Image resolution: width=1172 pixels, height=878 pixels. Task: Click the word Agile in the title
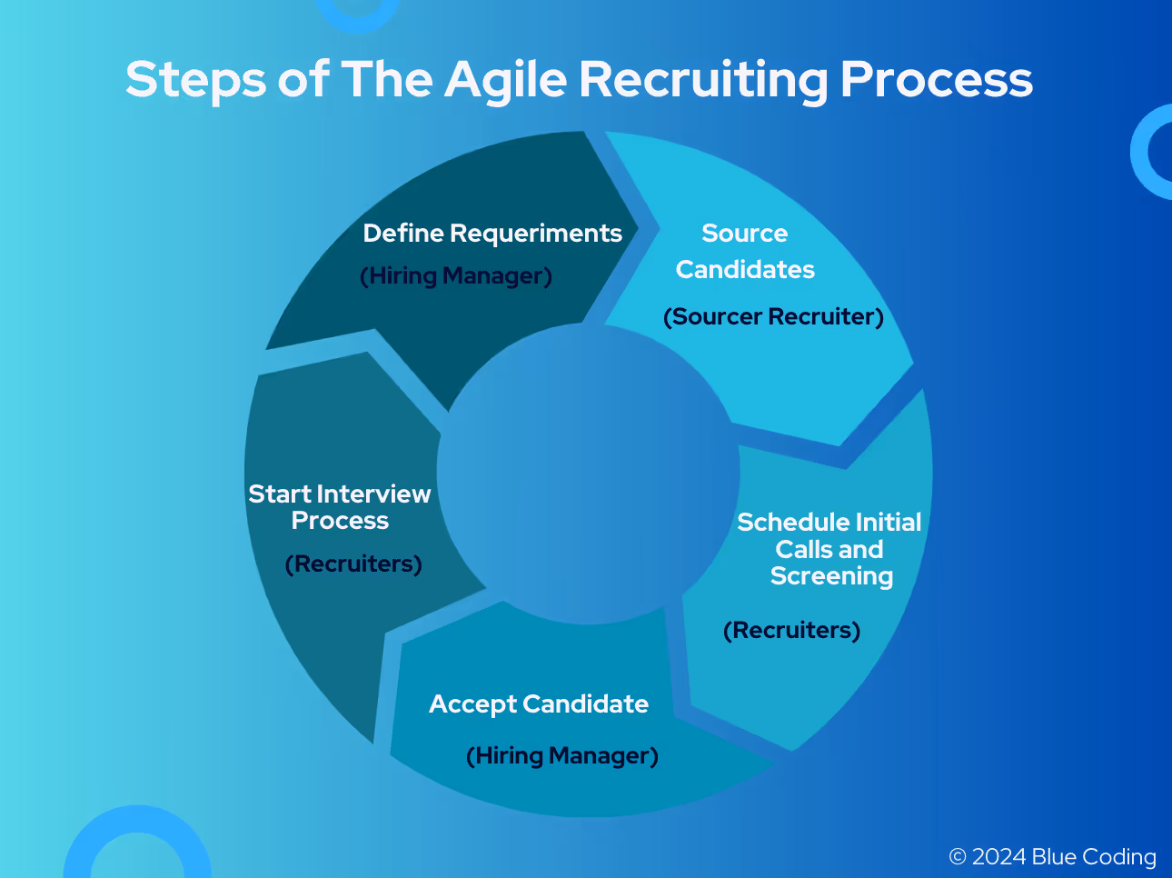(x=507, y=79)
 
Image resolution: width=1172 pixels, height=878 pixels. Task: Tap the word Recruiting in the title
(x=703, y=79)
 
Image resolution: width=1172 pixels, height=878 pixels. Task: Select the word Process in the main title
(x=936, y=79)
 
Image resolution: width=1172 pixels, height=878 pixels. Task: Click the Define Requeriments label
(x=492, y=234)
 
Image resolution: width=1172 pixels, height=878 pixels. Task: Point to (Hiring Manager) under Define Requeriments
(x=456, y=275)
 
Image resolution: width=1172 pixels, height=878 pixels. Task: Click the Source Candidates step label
(x=745, y=252)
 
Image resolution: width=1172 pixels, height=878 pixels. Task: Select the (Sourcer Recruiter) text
(x=773, y=316)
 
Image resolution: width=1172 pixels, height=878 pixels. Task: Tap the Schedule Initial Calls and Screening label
(x=829, y=549)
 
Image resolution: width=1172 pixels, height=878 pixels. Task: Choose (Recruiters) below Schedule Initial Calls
(x=791, y=630)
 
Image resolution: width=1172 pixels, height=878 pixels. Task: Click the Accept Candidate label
(x=539, y=704)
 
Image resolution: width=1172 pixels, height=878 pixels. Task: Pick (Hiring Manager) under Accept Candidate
(x=562, y=755)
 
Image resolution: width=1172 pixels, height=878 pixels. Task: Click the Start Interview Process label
(x=340, y=507)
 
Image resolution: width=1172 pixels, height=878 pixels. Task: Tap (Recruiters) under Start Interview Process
(x=353, y=564)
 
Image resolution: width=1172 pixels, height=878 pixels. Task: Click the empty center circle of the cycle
(x=589, y=473)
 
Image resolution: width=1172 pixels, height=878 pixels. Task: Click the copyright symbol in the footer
(x=958, y=857)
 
